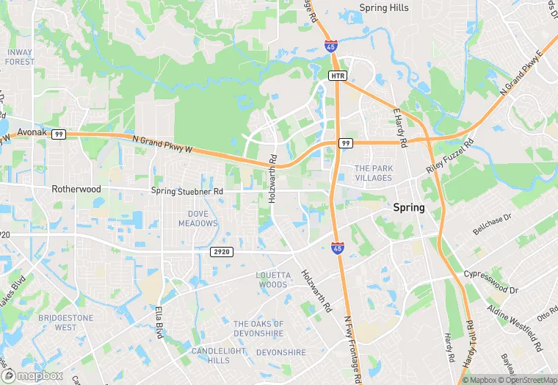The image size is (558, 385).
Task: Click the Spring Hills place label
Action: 383,8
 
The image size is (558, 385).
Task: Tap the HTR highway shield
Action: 337,76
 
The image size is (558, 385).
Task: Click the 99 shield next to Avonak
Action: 59,134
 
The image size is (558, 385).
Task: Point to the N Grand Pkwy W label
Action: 162,144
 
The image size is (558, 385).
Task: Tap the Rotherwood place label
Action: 76,189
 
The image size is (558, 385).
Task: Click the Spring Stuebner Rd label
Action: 186,192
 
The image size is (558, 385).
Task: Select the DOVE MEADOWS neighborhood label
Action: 198,218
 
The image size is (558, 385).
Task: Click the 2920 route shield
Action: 221,251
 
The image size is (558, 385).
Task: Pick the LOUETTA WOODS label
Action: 272,279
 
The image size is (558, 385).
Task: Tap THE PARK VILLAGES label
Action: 374,173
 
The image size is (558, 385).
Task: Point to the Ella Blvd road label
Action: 159,322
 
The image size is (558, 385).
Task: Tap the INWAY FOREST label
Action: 19,57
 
